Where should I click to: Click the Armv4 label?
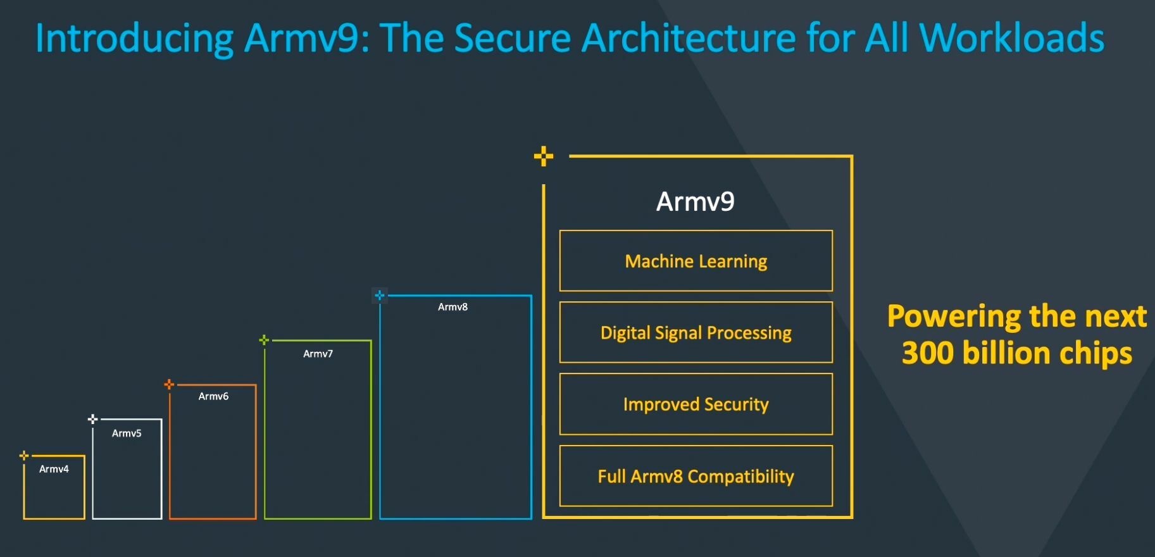[x=54, y=469]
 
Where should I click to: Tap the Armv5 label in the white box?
[x=127, y=434]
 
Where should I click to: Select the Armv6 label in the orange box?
[x=213, y=396]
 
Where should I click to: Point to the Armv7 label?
[x=318, y=354]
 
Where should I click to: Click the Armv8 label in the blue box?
[x=453, y=307]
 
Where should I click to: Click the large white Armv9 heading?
[x=695, y=202]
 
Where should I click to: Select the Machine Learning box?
[x=696, y=261]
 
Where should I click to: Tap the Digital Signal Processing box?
[x=696, y=332]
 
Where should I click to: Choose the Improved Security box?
[x=696, y=404]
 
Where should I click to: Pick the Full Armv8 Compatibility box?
[x=696, y=476]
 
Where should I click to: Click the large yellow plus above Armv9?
[x=543, y=156]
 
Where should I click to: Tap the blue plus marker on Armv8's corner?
[x=380, y=296]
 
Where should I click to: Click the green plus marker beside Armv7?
[x=264, y=341]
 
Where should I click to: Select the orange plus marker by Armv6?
[x=169, y=384]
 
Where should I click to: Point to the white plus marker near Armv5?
[x=92, y=419]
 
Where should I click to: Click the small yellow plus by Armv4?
[x=24, y=456]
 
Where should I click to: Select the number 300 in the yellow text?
[x=927, y=353]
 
